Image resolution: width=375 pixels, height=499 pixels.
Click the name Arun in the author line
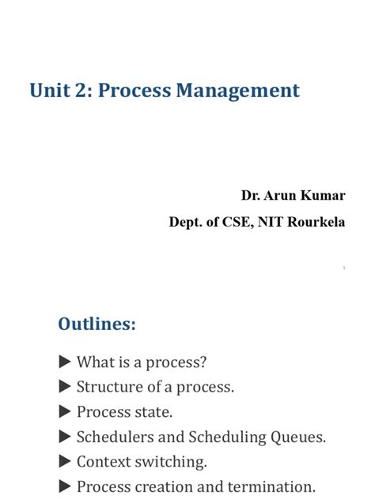(280, 195)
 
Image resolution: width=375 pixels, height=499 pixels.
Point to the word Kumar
(324, 195)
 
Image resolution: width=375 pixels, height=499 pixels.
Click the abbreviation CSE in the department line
(237, 222)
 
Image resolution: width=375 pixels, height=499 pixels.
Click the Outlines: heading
(97, 324)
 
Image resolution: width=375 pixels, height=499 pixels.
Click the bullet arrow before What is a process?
(65, 362)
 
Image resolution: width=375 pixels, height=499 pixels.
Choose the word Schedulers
(116, 437)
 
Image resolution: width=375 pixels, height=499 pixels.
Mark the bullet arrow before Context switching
(65, 461)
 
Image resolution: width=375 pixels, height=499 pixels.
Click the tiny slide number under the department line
(344, 268)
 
